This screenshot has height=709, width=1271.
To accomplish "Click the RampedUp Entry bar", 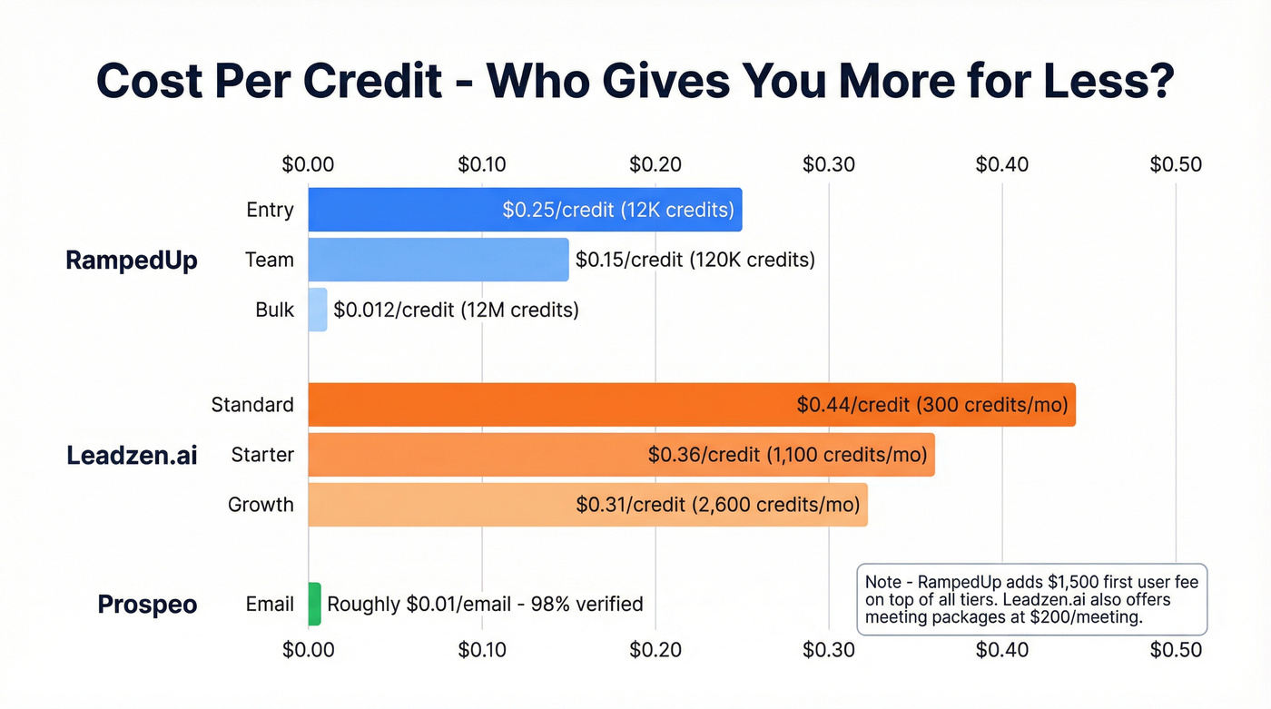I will [525, 210].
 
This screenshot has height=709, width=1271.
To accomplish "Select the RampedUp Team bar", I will [438, 260].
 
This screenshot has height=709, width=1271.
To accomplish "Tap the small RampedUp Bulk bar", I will [318, 310].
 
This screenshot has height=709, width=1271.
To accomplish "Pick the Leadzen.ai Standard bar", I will [691, 405].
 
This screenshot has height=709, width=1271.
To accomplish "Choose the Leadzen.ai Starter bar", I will [621, 455].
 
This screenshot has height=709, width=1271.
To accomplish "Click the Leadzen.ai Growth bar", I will [587, 505].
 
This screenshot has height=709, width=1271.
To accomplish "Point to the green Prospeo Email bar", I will [314, 604].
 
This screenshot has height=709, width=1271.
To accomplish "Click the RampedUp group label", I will [132, 261].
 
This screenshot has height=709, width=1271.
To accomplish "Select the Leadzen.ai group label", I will [132, 455].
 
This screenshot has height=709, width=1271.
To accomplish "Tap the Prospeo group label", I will [147, 605].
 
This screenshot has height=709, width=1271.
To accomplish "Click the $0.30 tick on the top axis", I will [828, 164].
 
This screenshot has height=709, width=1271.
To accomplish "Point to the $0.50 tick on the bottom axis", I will [1176, 649].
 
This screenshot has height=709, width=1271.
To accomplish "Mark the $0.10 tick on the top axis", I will [481, 164].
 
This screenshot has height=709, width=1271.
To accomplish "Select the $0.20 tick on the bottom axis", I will [655, 649].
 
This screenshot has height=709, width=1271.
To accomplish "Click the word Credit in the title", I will [381, 82].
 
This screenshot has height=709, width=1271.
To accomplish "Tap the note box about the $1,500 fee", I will [1031, 599].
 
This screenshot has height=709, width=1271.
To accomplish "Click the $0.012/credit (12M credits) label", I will [456, 310].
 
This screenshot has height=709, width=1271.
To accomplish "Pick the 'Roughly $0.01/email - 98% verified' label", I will [485, 604].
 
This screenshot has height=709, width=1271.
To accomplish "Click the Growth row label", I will [261, 505].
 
